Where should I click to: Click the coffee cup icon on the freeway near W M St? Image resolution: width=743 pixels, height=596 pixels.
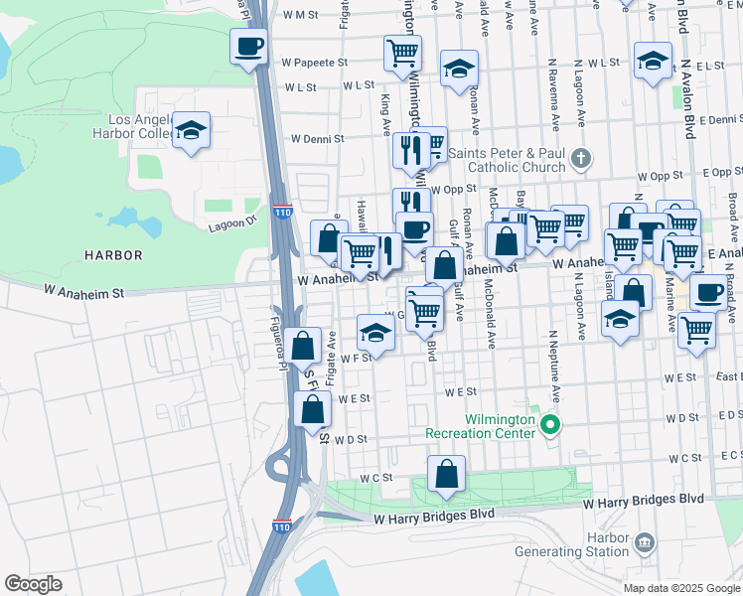[x=250, y=46]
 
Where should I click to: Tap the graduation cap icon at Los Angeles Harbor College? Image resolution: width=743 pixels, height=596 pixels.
[x=191, y=130]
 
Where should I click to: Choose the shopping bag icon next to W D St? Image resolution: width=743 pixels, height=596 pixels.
[x=313, y=409]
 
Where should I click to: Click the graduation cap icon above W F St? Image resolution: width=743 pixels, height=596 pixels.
[x=375, y=332]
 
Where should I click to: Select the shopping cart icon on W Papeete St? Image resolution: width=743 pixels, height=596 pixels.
[x=402, y=53]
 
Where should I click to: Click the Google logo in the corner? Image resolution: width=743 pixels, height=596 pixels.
[x=33, y=584]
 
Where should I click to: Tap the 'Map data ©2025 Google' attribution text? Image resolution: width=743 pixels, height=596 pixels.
[x=680, y=588]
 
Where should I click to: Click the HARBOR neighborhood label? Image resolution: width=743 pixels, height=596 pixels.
[x=113, y=255]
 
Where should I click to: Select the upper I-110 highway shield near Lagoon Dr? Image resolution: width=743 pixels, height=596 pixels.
[x=283, y=213]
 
